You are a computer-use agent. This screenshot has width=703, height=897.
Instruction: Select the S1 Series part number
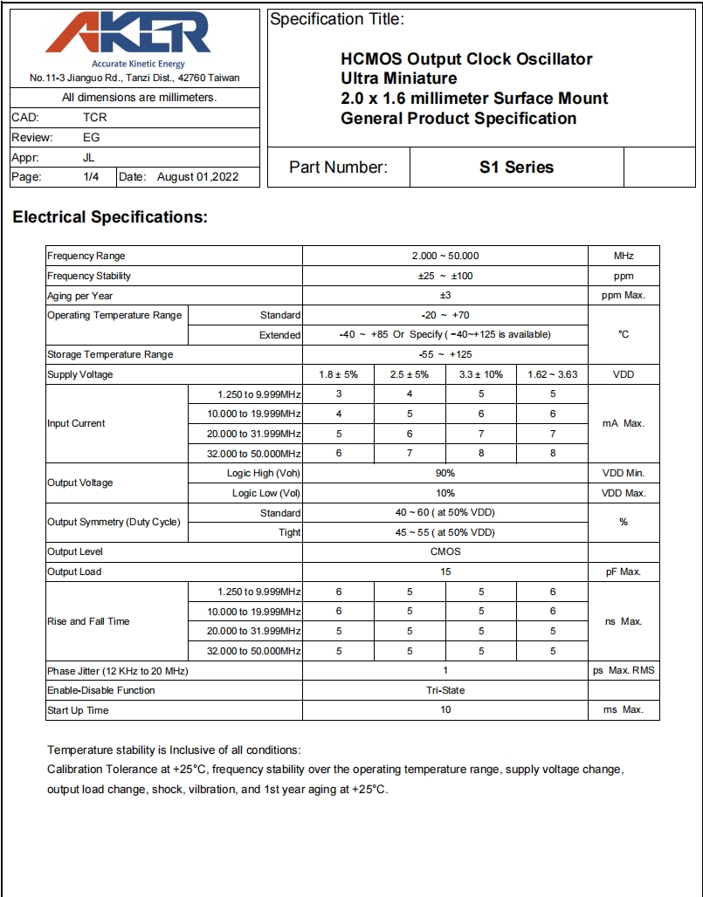516,167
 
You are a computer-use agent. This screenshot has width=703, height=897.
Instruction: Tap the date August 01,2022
197,177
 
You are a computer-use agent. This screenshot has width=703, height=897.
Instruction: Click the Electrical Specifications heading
110,217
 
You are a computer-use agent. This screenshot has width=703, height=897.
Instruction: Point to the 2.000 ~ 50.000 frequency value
445,256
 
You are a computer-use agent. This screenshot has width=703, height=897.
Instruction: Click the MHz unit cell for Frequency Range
624,256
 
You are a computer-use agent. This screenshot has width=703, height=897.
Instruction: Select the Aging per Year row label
80,296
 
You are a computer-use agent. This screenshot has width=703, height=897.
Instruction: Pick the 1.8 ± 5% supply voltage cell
338,374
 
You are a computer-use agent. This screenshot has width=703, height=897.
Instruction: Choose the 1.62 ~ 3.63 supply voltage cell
552,374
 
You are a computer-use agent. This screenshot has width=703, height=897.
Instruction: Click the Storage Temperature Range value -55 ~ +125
445,355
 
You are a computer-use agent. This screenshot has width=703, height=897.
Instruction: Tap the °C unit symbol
624,335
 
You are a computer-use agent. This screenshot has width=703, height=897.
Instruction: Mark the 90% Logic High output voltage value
445,473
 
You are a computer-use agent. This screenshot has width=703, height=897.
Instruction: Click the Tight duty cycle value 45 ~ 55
445,532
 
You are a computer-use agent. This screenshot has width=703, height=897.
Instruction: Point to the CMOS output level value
445,551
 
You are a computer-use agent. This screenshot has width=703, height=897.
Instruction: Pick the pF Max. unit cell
624,572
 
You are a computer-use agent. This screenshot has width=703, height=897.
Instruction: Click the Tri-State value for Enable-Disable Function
445,690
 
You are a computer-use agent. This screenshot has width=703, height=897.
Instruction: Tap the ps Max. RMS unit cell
624,671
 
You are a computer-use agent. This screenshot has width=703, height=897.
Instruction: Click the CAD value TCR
95,117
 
